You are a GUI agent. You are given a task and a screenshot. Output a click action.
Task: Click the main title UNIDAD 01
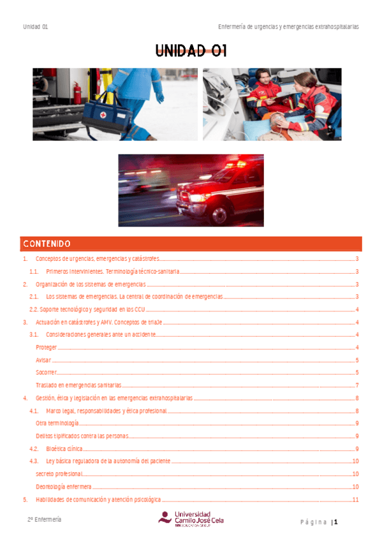click(x=191, y=52)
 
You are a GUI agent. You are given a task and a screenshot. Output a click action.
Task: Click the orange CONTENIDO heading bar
click(x=191, y=244)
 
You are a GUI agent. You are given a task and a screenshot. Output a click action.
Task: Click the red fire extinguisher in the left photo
click(x=77, y=93)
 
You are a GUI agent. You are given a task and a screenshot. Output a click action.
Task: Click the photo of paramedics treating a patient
click(x=281, y=104)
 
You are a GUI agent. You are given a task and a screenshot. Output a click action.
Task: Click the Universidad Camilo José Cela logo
click(x=191, y=518)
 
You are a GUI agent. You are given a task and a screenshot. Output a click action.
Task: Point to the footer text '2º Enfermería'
click(x=44, y=520)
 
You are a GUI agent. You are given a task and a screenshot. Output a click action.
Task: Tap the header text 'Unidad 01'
click(x=36, y=27)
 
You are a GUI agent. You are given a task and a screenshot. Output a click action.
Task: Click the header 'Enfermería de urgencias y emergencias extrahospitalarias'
click(x=288, y=27)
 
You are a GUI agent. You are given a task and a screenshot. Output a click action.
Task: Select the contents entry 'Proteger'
click(x=47, y=348)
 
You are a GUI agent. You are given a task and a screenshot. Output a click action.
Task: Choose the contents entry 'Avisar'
click(x=43, y=360)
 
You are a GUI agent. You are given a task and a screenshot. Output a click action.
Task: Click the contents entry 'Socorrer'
click(x=47, y=373)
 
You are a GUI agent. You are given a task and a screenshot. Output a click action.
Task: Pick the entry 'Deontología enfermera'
click(x=64, y=486)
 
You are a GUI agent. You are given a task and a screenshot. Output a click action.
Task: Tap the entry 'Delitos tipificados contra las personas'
click(x=82, y=436)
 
